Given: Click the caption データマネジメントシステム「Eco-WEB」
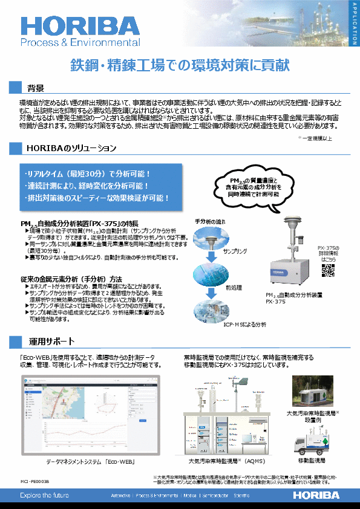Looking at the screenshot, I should tap(90, 462).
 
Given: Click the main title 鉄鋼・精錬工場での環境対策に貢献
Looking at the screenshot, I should tap(179, 63).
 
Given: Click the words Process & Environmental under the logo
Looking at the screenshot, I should tap(80, 43).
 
